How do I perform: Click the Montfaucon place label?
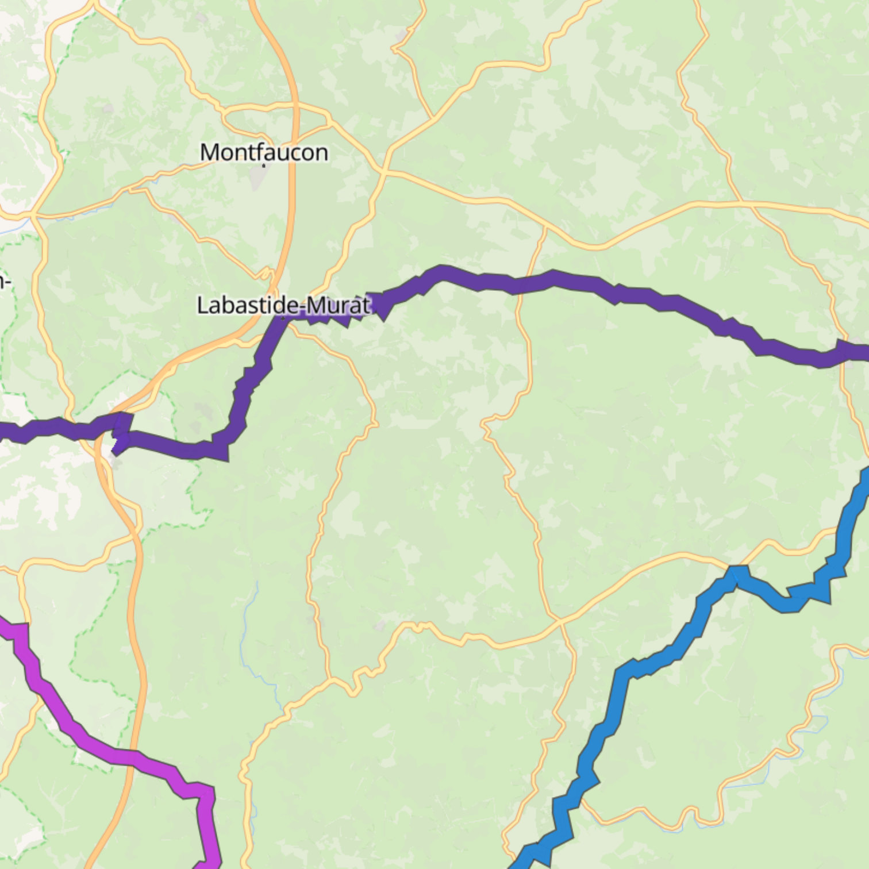pos(264,152)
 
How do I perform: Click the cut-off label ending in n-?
pos(5,282)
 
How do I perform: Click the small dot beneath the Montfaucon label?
pos(264,166)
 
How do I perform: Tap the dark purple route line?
pos(552,279)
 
